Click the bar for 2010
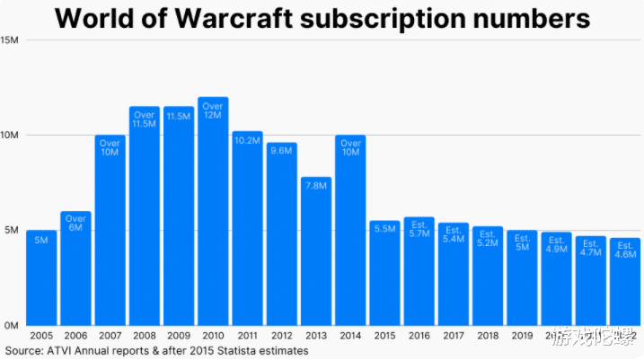213,215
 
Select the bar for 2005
41,278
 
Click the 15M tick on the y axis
12,40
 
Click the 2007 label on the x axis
110,335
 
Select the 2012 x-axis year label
281,335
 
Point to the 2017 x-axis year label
453,335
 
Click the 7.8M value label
316,185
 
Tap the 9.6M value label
281,151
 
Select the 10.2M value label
247,140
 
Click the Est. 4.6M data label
625,250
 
